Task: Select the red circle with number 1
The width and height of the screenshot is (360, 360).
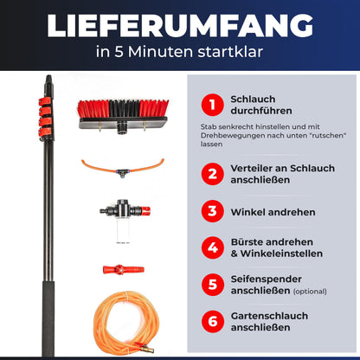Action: click(x=209, y=106)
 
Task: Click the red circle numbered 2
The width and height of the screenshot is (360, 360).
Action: click(x=209, y=172)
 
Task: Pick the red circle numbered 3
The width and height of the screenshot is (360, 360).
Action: click(x=209, y=210)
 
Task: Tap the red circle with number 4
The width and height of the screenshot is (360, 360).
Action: click(x=209, y=247)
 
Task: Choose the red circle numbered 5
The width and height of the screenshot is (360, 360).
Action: click(x=209, y=285)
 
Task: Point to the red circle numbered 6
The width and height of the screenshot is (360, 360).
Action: click(x=209, y=321)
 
